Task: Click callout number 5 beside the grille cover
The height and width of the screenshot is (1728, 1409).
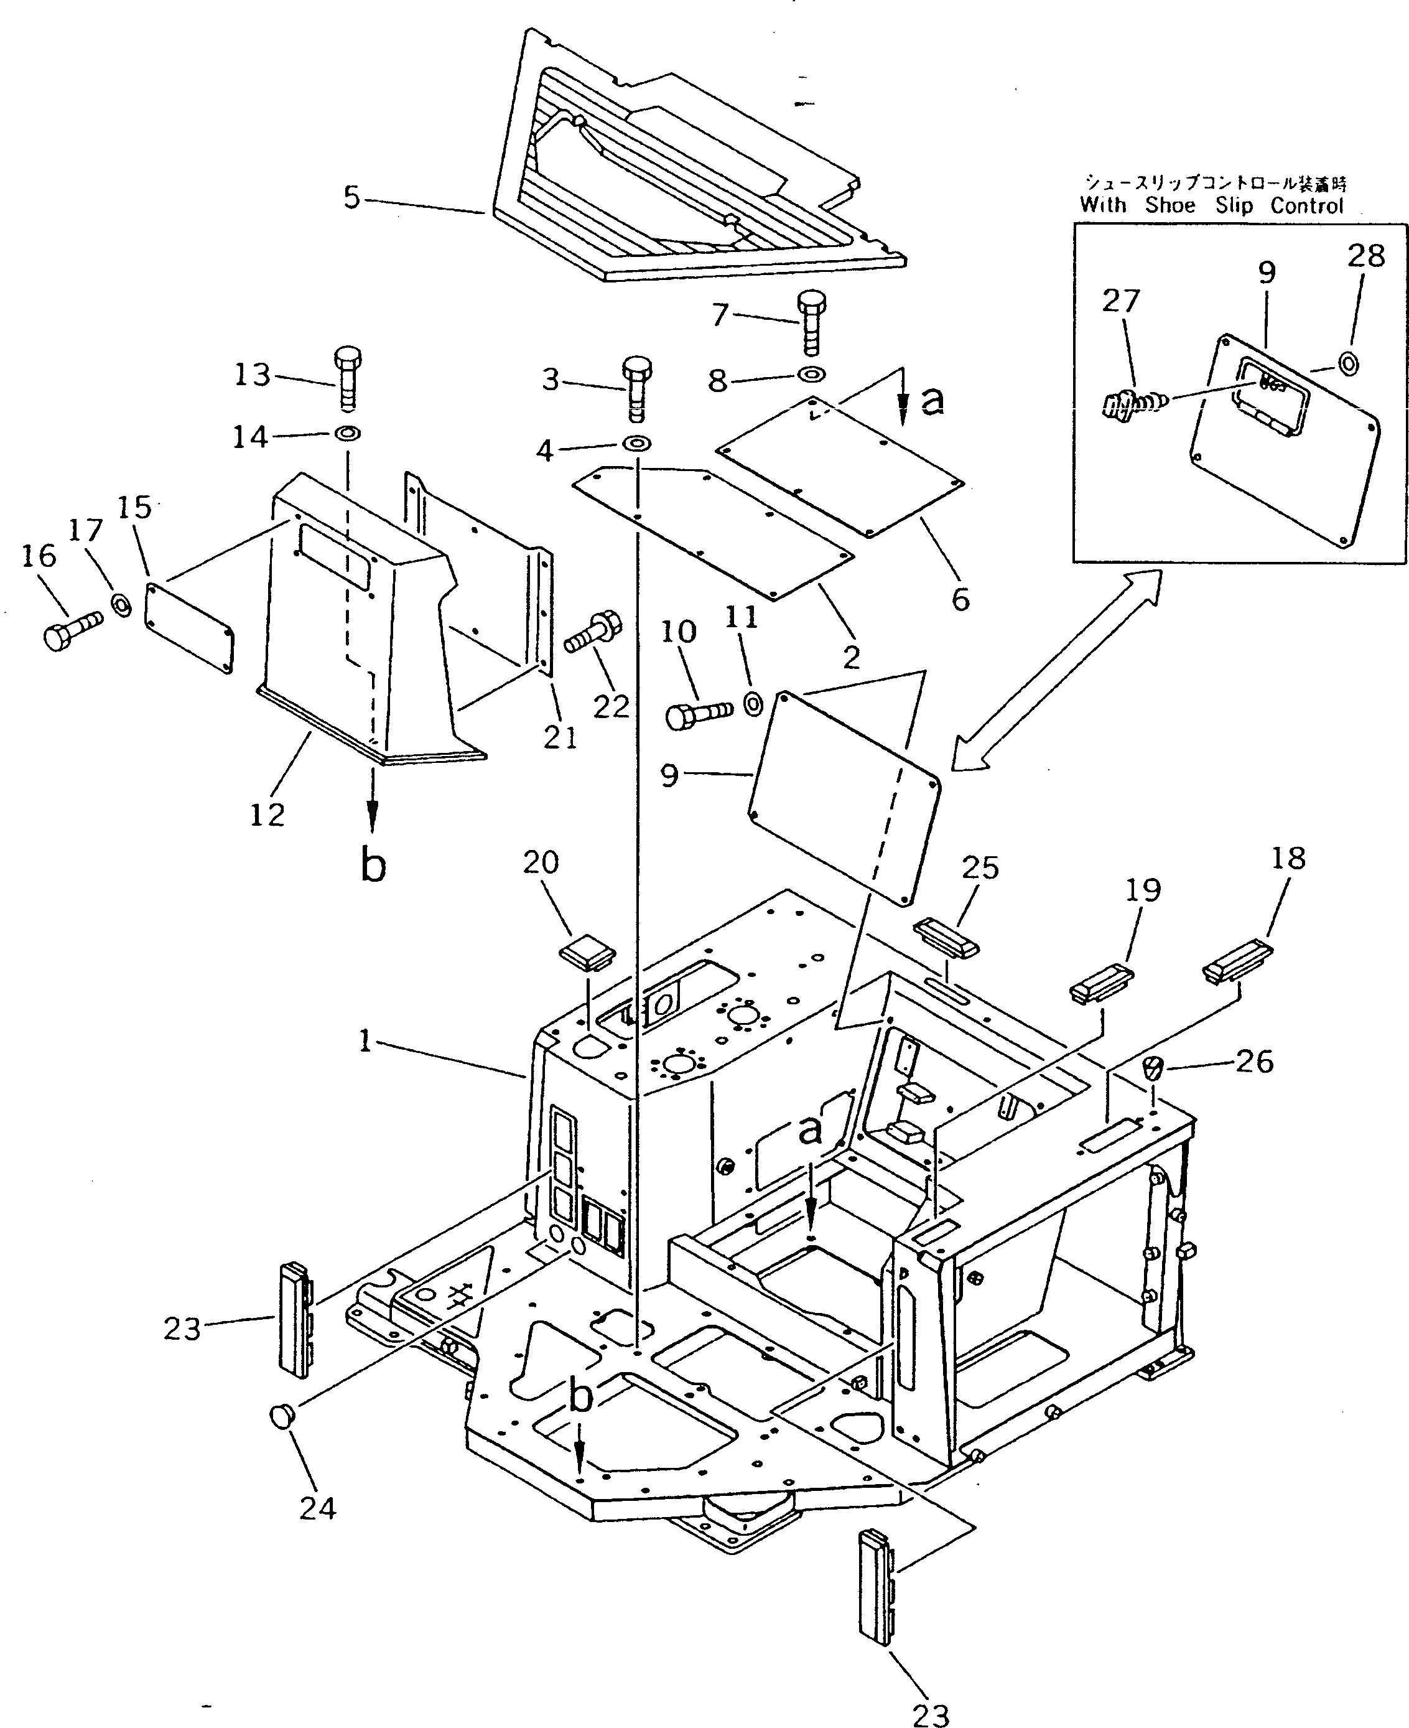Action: pos(351,197)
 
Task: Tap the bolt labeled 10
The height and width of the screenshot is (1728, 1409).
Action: pos(697,714)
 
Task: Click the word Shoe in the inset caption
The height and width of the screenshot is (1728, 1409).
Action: pos(1170,205)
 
